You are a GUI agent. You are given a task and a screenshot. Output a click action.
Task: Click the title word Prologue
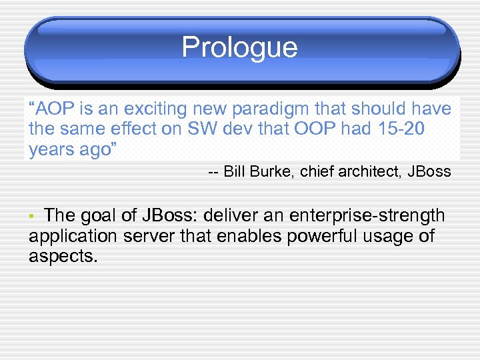pyautogui.click(x=239, y=48)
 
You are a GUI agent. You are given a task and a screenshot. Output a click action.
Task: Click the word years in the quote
pyautogui.click(x=52, y=149)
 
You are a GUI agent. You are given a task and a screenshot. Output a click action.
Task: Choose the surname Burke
pyautogui.click(x=271, y=172)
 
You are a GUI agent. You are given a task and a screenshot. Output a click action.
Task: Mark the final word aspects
pyautogui.click(x=63, y=257)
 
